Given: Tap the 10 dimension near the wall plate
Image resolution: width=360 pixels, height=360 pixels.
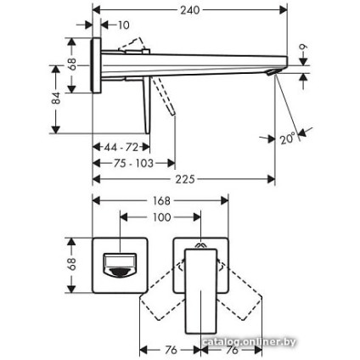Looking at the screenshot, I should tap(124, 25).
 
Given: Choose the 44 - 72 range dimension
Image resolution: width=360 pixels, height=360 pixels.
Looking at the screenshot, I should tap(121, 146).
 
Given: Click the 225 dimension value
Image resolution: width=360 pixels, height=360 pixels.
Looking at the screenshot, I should tap(185, 179).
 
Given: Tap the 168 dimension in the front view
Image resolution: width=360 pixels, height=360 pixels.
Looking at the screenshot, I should tap(160, 201).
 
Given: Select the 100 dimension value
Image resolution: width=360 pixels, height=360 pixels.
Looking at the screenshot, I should tap(161, 218).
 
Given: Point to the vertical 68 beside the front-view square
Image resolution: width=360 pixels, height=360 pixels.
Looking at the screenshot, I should tap(72, 263).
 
